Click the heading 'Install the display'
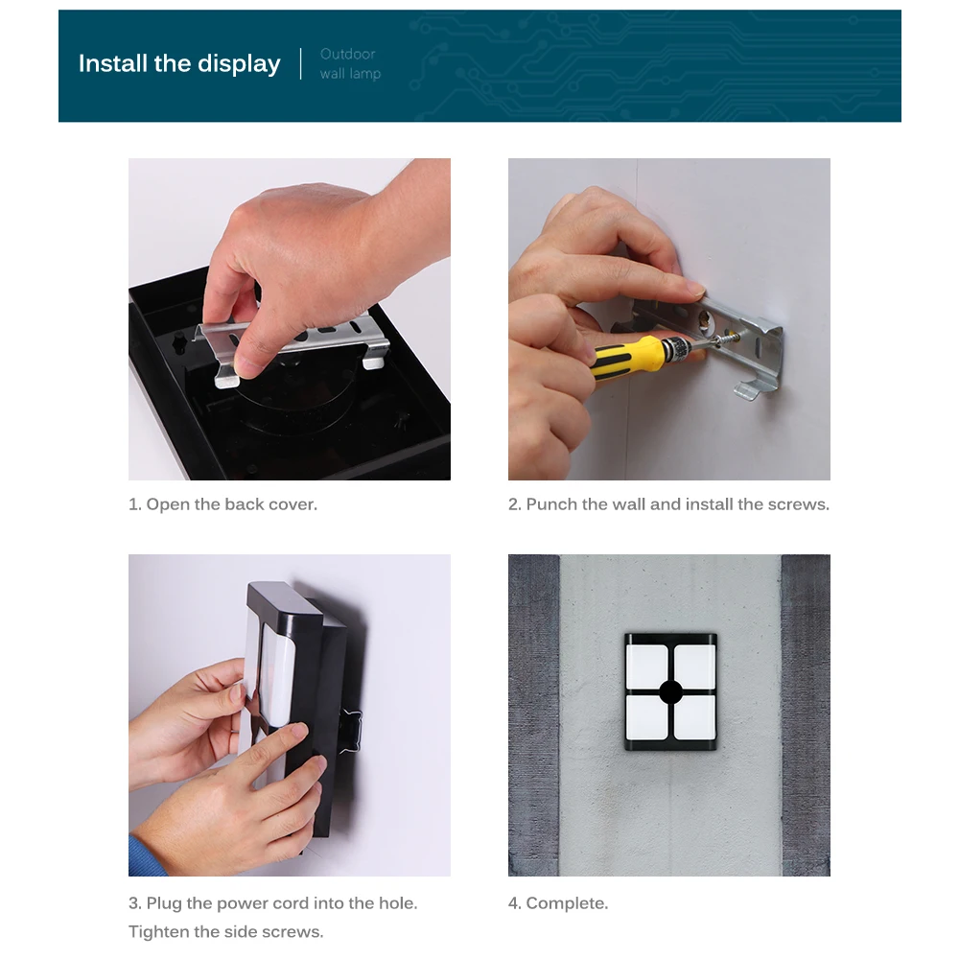point(179,63)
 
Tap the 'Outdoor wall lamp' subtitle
point(350,63)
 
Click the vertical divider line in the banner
point(300,63)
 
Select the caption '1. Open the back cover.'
point(222,504)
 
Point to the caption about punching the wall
point(668,504)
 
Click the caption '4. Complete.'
point(558,903)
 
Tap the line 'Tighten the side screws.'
point(225,932)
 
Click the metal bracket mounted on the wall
point(734,345)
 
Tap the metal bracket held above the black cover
point(293,345)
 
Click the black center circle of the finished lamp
point(670,692)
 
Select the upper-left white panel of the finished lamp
point(647,667)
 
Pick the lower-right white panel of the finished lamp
point(694,717)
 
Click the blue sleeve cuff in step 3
point(145,857)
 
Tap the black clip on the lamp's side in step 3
point(351,731)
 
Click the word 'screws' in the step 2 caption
point(800,504)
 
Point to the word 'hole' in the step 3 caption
point(398,903)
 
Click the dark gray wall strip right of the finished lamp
point(806,715)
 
